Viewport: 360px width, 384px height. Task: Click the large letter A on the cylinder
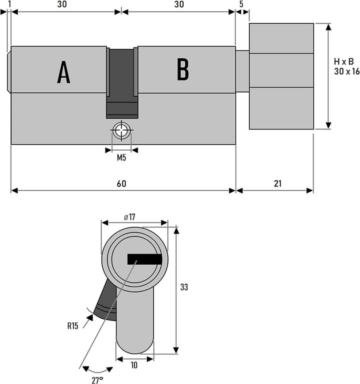(63, 72)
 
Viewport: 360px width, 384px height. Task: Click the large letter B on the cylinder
(183, 69)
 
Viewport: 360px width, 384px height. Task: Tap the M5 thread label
(121, 157)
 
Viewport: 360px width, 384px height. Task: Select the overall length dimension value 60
(121, 183)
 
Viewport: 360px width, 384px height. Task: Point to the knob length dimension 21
(277, 183)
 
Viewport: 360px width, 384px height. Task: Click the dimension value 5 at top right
(241, 4)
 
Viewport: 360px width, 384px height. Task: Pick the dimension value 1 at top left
(9, 4)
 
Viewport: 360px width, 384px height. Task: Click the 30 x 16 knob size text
(347, 71)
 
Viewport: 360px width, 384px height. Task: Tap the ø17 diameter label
(129, 217)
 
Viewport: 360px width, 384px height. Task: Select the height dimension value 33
(184, 287)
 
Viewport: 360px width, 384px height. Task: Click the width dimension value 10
(134, 365)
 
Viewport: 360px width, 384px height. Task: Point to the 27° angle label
(97, 380)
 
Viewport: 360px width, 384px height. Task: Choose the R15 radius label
(72, 326)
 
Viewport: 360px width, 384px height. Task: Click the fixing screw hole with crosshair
(121, 130)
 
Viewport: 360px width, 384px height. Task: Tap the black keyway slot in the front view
(144, 259)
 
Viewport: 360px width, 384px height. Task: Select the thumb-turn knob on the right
(281, 76)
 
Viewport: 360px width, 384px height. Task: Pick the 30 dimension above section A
(62, 4)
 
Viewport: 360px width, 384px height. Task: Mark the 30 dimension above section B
(179, 4)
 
